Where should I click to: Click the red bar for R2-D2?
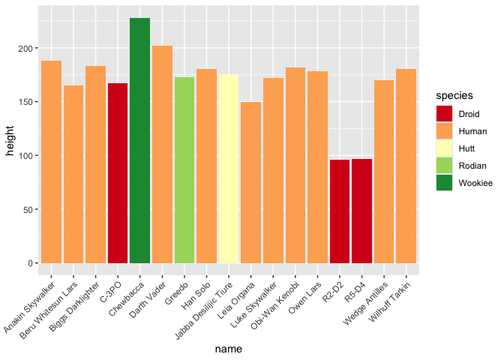tap(340, 211)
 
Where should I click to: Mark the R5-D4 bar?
tap(362, 211)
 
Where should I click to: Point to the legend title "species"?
tap(453, 96)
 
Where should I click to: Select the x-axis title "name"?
tap(228, 349)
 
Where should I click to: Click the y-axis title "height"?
tap(10, 142)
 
